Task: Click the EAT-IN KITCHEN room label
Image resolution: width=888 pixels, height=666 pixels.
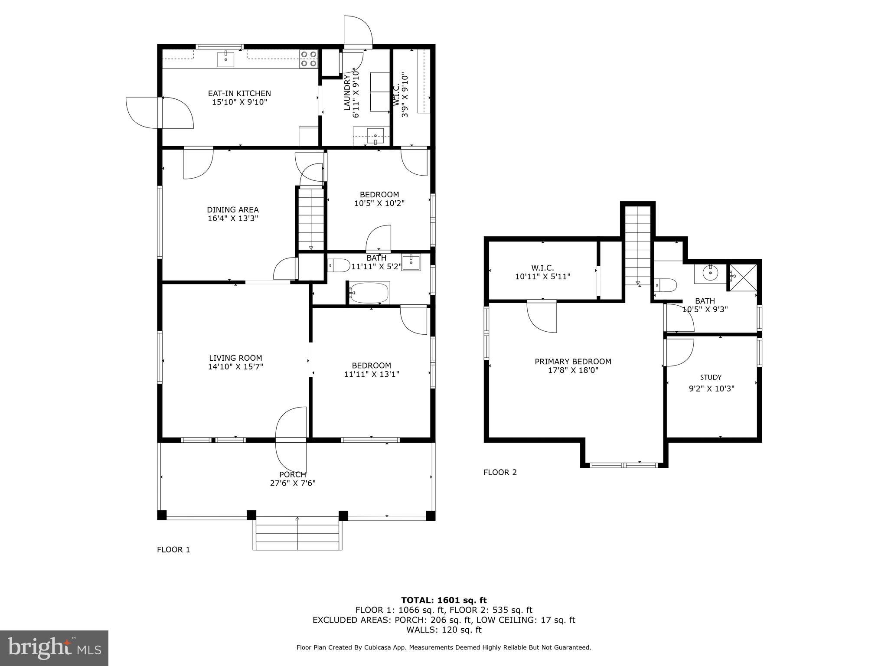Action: [239, 93]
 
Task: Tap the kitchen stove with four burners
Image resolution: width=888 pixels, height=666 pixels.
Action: [308, 59]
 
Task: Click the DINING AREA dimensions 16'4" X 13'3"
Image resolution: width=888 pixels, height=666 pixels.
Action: [233, 219]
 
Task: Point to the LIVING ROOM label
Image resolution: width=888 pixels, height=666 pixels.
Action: [235, 358]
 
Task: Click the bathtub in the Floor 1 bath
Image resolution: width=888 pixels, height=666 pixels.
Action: [369, 294]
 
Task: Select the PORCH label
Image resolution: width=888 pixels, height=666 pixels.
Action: [293, 475]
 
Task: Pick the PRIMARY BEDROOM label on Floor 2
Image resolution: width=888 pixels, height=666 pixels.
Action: [573, 362]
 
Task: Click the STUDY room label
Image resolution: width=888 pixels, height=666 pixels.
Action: [711, 378]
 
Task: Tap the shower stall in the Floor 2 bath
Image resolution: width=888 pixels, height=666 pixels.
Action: [743, 278]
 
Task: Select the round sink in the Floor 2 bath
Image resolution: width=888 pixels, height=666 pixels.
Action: [710, 273]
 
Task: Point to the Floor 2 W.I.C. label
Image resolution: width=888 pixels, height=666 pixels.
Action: [542, 268]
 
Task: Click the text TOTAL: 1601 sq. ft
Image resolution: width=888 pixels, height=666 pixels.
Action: [444, 601]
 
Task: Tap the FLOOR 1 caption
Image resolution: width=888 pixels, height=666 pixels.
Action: [173, 550]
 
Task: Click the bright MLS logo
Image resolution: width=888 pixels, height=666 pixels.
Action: [54, 648]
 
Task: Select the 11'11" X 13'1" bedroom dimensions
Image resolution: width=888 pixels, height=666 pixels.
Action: [371, 374]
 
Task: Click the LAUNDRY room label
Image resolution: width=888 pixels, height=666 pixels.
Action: [347, 92]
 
